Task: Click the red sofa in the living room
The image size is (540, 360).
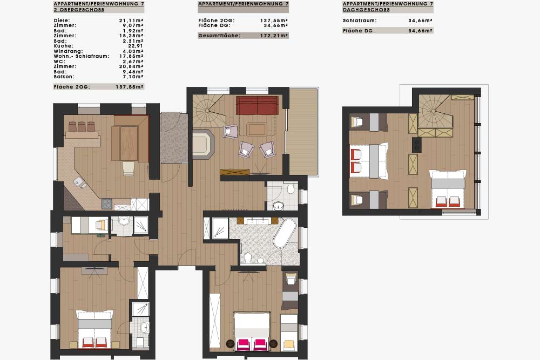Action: click(257, 105)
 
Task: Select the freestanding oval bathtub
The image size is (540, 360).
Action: click(285, 233)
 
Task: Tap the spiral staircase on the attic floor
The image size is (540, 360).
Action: click(434, 112)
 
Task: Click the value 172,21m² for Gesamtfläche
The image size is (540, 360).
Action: click(274, 36)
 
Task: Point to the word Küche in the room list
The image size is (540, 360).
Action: click(63, 46)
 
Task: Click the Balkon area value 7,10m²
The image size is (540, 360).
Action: click(133, 77)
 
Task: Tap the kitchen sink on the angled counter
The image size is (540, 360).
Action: click(79, 182)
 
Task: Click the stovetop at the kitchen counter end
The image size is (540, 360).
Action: click(107, 204)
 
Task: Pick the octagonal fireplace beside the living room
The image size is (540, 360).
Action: click(203, 144)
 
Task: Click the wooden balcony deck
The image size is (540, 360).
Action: click(303, 132)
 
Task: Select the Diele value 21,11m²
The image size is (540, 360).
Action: click(131, 21)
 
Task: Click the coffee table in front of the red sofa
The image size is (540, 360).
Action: click(256, 130)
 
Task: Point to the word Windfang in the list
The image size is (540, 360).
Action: click(68, 51)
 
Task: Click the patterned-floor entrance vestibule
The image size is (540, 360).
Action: click(174, 138)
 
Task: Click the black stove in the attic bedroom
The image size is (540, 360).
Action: click(417, 145)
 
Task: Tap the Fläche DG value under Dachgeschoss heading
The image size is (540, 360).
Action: click(421, 31)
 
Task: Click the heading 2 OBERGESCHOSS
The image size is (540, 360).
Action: click(79, 10)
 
